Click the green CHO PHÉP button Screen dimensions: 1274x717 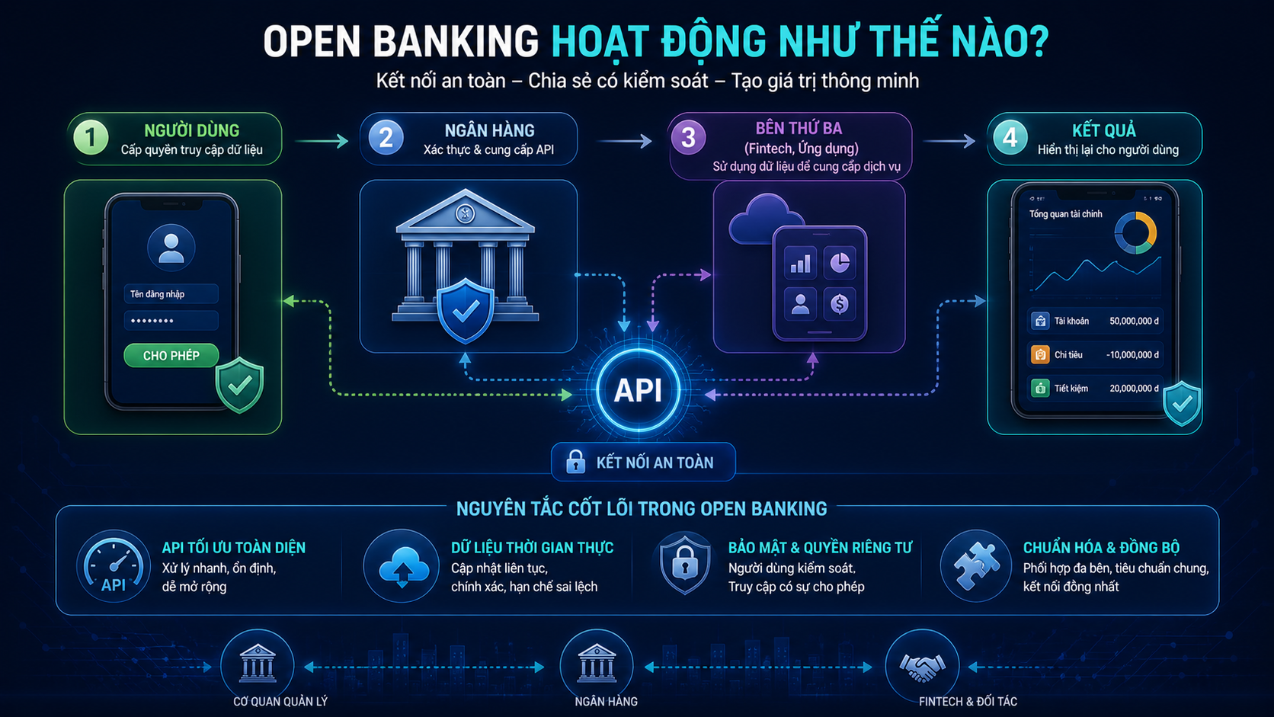pos(171,355)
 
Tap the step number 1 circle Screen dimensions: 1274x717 pos(91,137)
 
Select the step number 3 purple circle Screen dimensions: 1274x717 pos(688,137)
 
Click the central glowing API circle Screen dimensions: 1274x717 pos(638,390)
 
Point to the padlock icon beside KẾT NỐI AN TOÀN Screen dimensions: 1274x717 pos(575,462)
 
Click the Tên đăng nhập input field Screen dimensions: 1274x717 pos(171,294)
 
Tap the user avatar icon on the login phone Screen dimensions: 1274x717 pos(171,248)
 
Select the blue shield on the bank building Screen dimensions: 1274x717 pos(466,310)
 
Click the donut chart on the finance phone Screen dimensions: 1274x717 pos(1135,232)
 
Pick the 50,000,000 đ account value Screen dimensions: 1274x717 pos(1134,322)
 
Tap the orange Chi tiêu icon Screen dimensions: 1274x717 pos(1040,355)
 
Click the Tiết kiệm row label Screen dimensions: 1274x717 pos(1071,389)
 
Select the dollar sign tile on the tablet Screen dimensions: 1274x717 pos(840,304)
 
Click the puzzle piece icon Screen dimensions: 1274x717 pos(976,566)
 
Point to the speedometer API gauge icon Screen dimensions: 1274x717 pos(114,566)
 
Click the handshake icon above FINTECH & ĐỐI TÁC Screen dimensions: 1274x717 pos(922,667)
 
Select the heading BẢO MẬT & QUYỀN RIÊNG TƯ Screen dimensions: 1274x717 pos(820,548)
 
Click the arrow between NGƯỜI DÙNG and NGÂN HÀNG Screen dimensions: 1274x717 pos(322,141)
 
